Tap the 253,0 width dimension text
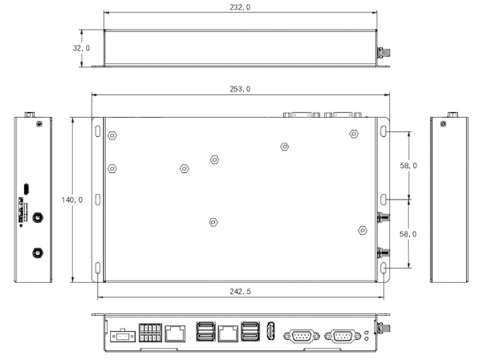point(240,89)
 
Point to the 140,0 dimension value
point(73,200)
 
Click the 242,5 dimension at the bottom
point(240,292)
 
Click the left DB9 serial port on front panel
point(301,335)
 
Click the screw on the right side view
point(443,124)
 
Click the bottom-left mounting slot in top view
point(98,268)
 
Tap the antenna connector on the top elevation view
point(382,53)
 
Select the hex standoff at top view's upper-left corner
point(112,136)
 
